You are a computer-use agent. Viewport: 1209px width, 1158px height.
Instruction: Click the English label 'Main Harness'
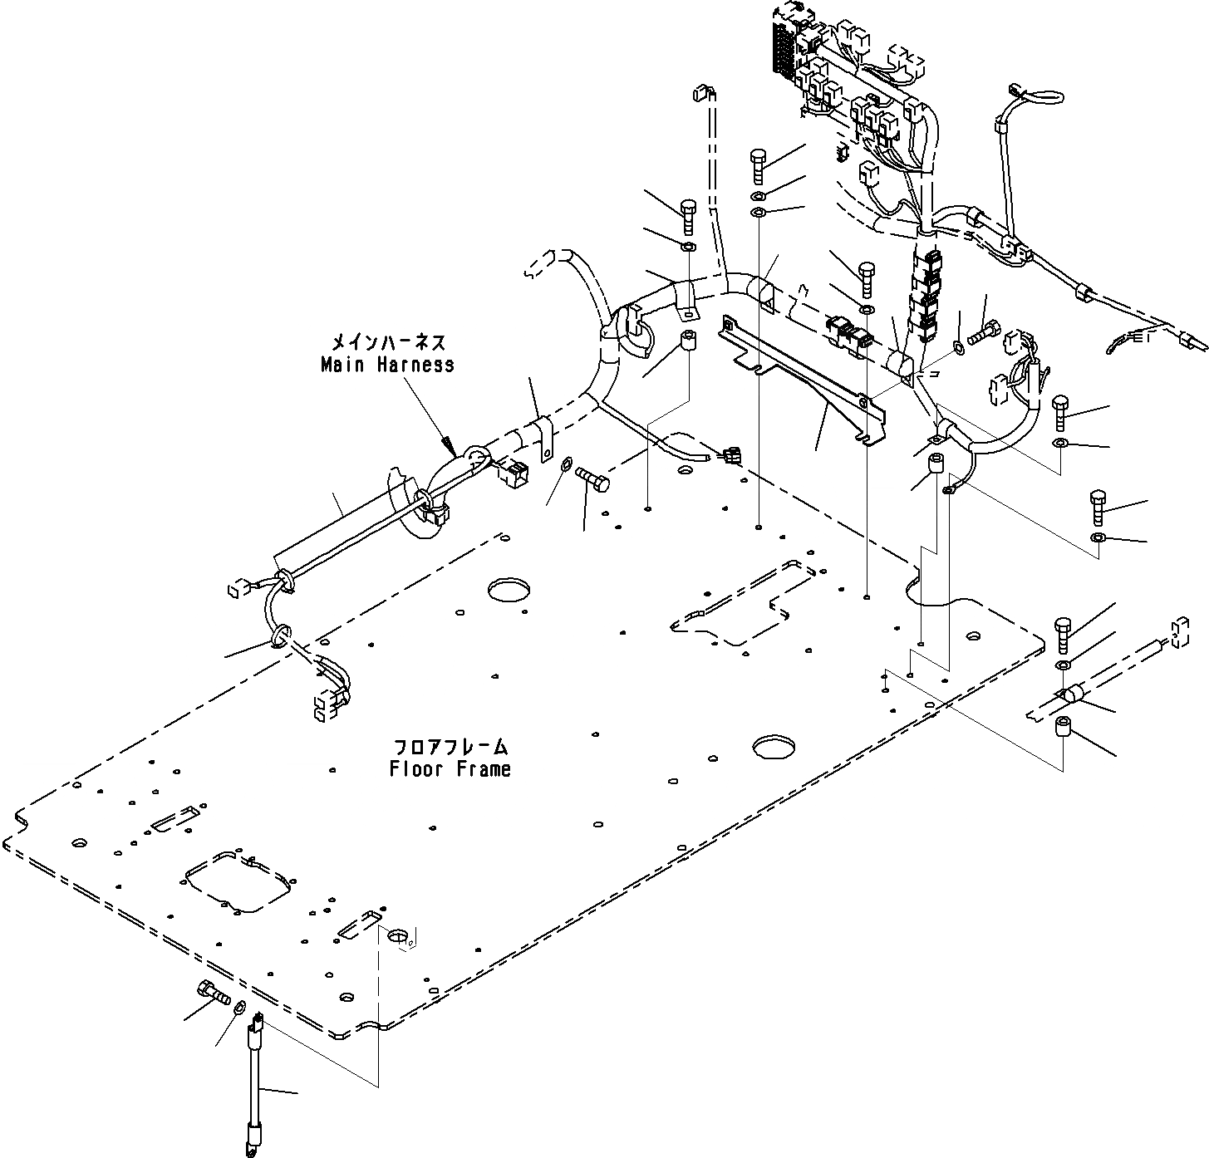[x=387, y=365]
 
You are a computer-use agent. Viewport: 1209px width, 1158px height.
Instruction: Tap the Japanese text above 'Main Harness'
[x=388, y=341]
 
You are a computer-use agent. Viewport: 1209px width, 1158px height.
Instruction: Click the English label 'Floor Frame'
[x=450, y=769]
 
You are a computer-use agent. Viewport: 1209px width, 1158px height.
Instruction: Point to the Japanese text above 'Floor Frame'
[x=450, y=746]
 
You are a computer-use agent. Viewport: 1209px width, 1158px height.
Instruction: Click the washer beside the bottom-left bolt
[x=238, y=1008]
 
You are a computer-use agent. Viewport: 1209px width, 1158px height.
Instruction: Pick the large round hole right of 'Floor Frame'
[x=774, y=746]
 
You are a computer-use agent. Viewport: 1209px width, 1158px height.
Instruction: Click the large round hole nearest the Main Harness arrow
[x=509, y=589]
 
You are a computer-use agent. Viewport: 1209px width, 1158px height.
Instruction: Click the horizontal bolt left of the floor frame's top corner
[x=590, y=478]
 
